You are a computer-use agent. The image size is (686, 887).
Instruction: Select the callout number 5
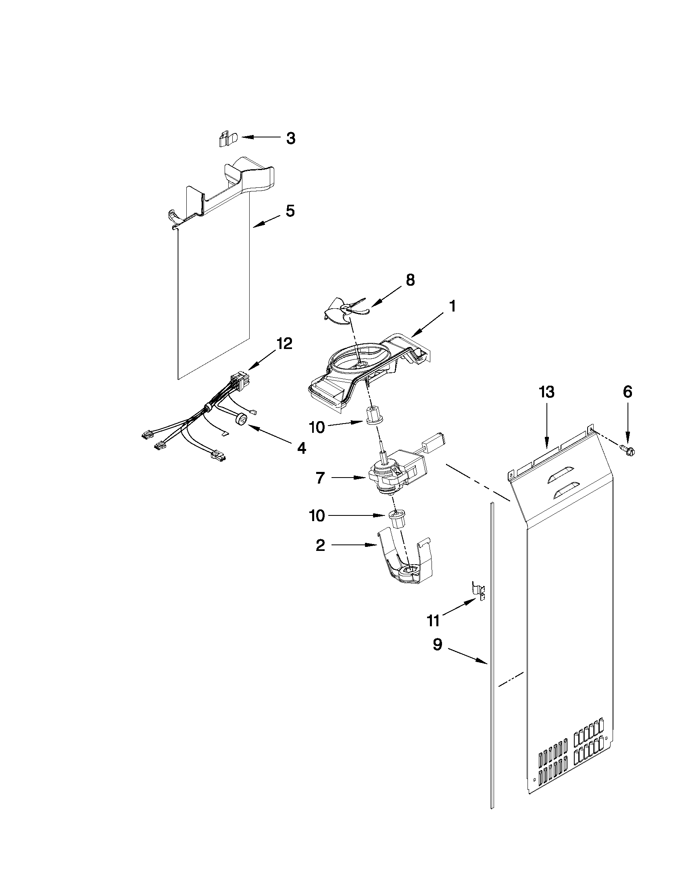(x=290, y=211)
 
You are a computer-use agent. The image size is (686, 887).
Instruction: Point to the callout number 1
(x=452, y=306)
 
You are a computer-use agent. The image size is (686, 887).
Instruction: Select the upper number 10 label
(x=317, y=427)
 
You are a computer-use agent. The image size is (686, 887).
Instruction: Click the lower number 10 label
(x=317, y=516)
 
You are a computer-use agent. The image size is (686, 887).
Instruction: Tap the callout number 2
(x=320, y=545)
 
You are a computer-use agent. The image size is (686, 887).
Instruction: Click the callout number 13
(x=546, y=393)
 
